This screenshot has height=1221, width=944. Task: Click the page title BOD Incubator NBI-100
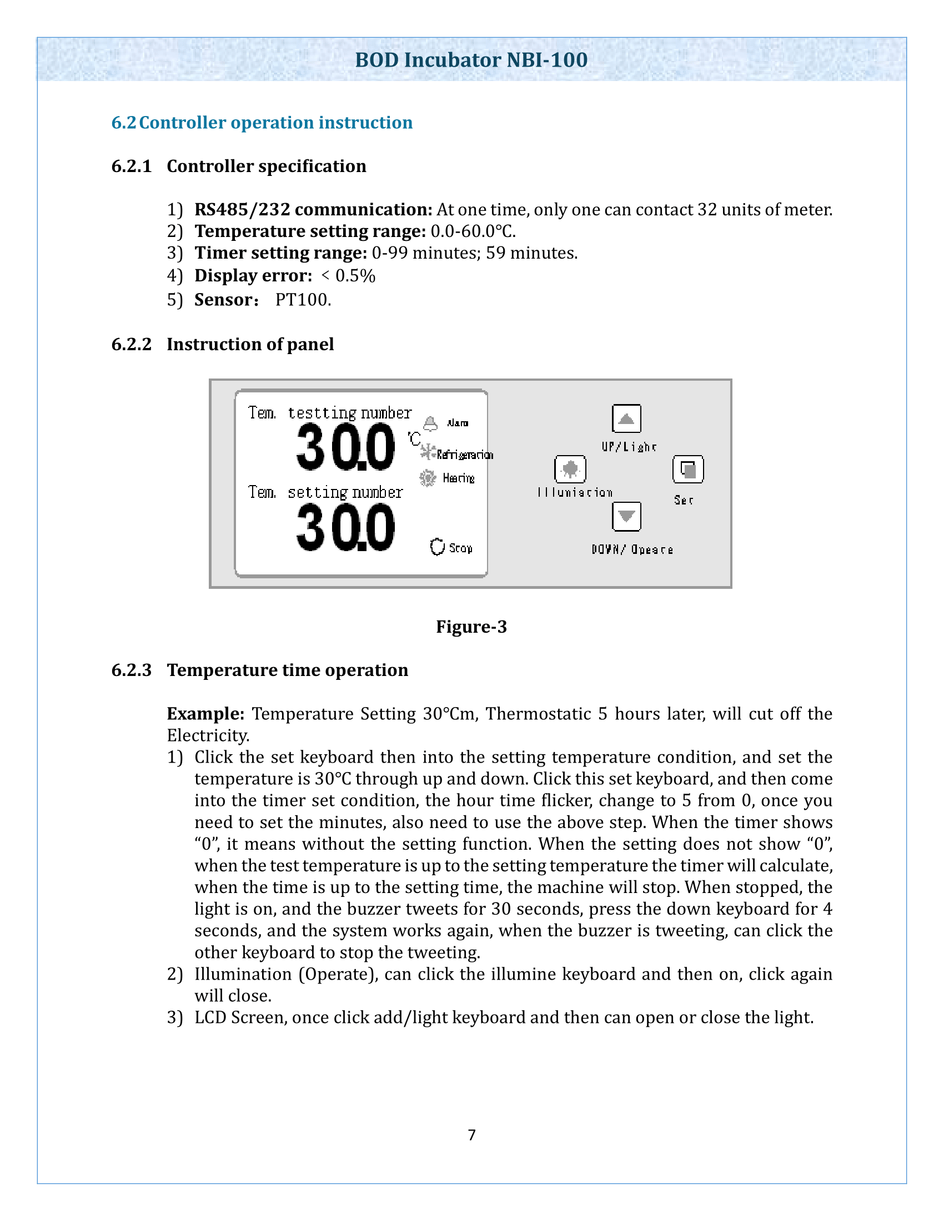click(471, 60)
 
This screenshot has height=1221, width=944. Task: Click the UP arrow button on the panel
click(626, 418)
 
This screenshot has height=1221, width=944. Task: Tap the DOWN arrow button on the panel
click(626, 516)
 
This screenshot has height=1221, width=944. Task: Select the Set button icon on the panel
click(687, 469)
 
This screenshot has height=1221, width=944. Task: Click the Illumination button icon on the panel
click(570, 469)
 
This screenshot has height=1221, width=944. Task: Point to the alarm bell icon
click(430, 424)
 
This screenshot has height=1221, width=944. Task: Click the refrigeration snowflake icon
click(428, 452)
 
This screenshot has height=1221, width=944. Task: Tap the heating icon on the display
click(428, 478)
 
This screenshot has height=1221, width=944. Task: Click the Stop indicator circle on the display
click(437, 547)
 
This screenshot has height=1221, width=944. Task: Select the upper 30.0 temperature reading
click(345, 447)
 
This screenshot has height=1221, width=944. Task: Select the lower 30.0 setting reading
click(345, 527)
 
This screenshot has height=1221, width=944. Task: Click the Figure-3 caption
click(471, 627)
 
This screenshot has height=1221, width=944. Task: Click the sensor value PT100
click(303, 300)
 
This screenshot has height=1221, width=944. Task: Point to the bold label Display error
click(253, 276)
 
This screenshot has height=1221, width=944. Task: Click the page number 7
click(471, 1135)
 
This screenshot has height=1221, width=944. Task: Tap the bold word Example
click(205, 714)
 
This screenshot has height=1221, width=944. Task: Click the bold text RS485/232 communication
click(313, 210)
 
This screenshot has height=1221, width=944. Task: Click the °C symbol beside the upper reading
click(414, 439)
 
